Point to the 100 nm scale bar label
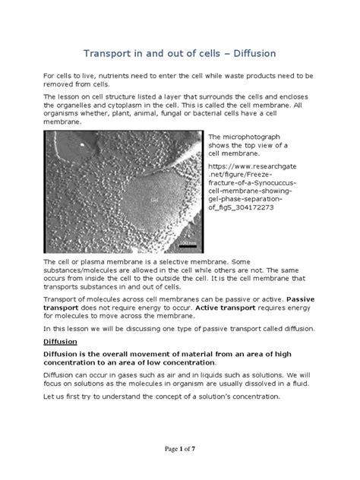click(x=187, y=242)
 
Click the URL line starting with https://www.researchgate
click(x=253, y=163)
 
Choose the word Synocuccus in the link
click(x=274, y=183)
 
